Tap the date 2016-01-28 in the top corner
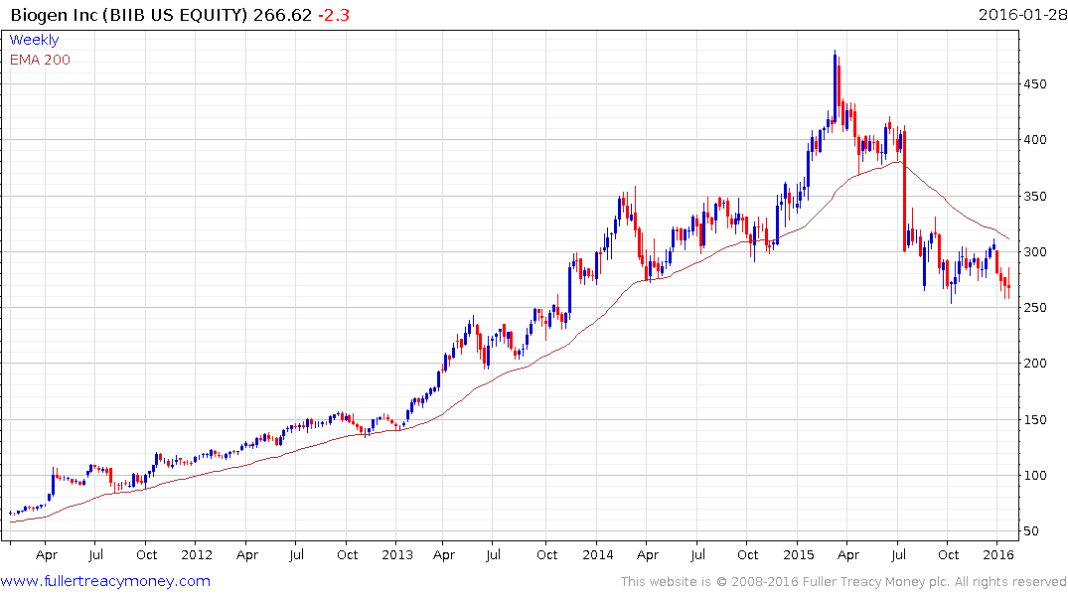1018,15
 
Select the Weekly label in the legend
34,40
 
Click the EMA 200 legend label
40,60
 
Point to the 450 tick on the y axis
1037,84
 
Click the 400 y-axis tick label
1037,140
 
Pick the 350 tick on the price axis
1037,196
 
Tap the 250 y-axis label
1037,308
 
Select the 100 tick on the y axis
1037,475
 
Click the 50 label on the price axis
1033,530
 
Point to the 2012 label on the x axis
197,554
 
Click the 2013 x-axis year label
397,554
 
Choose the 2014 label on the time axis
598,554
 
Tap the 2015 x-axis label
799,554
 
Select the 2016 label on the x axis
998,554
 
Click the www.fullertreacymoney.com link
105,581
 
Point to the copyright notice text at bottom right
843,582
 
